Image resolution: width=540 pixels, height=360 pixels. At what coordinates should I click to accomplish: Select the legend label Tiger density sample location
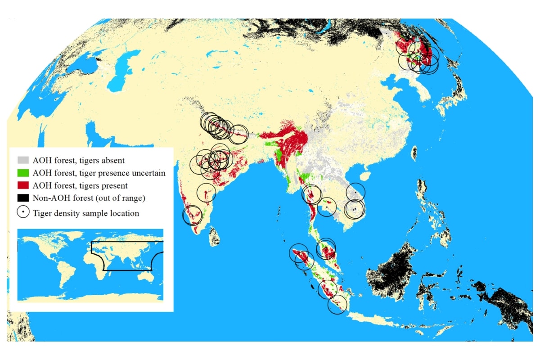(x=86, y=213)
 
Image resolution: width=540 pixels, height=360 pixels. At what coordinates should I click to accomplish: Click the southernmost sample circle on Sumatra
(x=337, y=305)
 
